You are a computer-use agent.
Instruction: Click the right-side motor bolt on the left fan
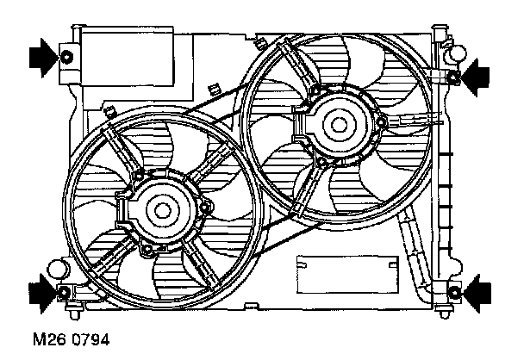pyautogui.click(x=208, y=206)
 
